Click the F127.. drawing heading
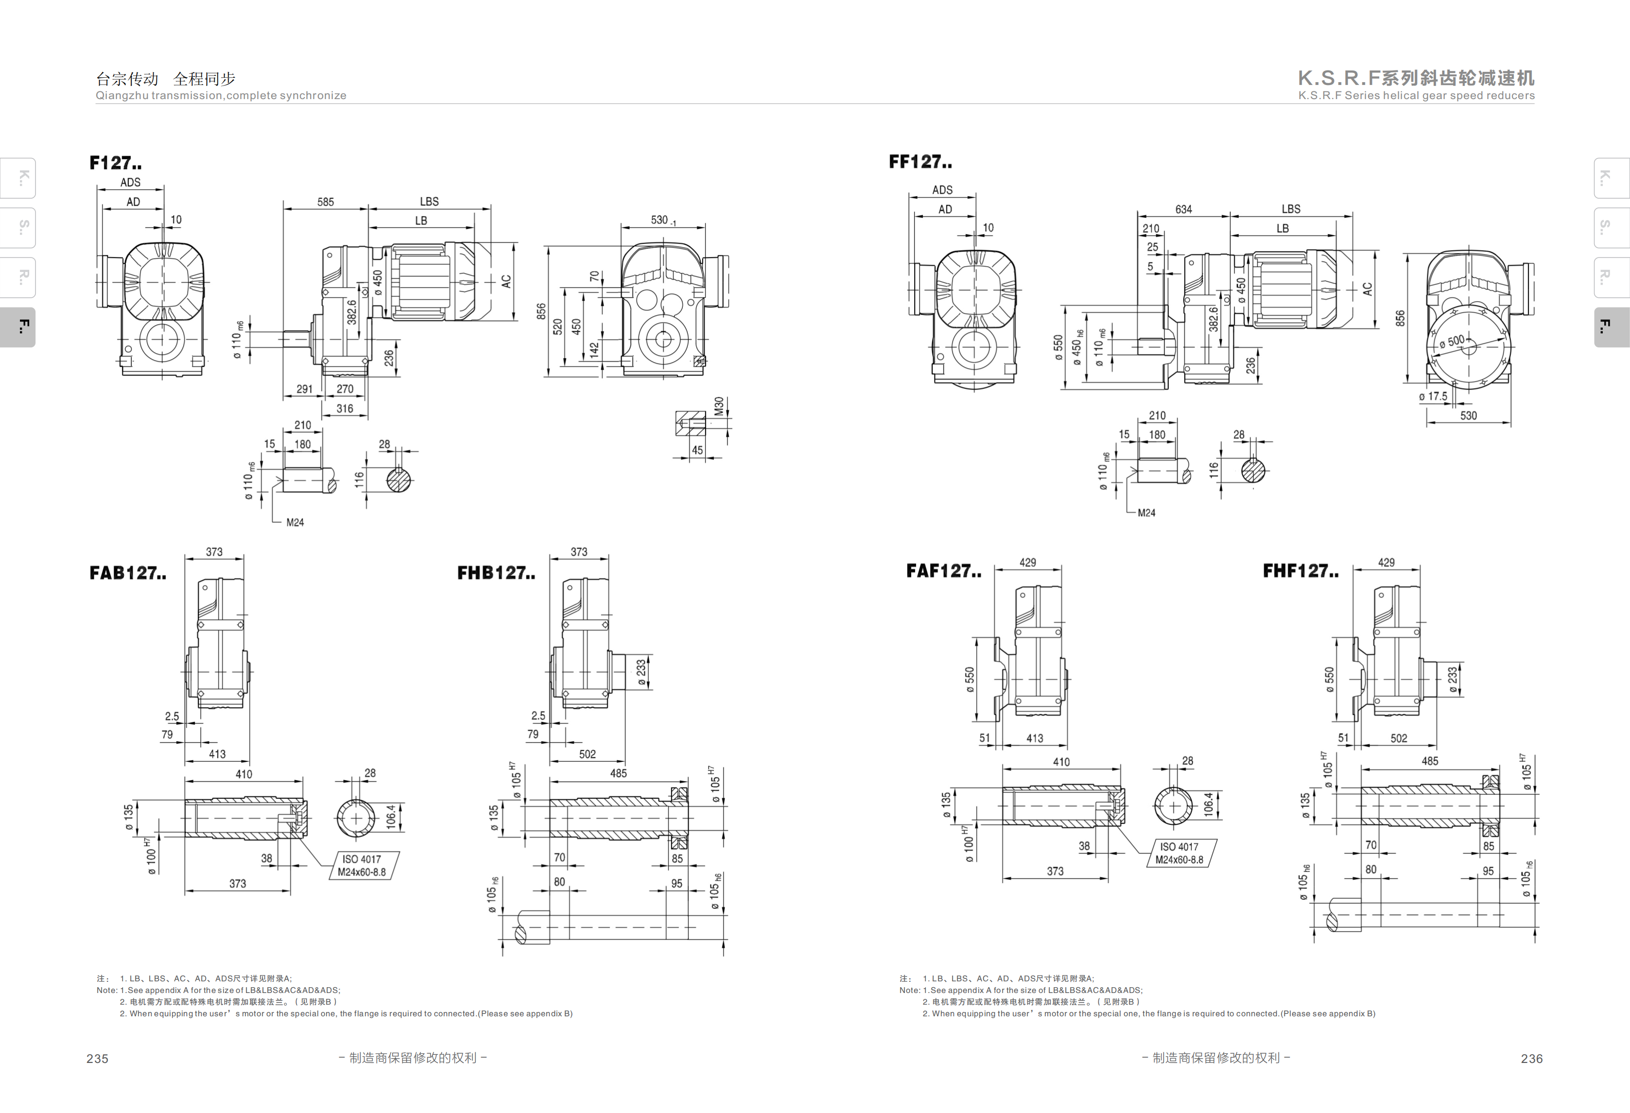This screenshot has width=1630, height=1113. [x=116, y=163]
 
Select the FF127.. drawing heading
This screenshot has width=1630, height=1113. [x=920, y=161]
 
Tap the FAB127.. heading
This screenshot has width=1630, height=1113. [x=128, y=573]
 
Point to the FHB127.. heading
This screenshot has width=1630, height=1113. [x=496, y=573]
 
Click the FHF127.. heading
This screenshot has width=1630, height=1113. [x=1301, y=571]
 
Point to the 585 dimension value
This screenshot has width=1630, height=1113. [x=326, y=202]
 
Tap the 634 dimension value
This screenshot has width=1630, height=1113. [x=1183, y=209]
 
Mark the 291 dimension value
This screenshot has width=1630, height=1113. [x=304, y=389]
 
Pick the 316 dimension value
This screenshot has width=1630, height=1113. [x=345, y=409]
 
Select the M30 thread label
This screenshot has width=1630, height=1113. [x=718, y=407]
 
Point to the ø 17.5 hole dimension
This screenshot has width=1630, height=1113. [x=1433, y=396]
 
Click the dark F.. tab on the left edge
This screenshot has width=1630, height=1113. [x=17, y=327]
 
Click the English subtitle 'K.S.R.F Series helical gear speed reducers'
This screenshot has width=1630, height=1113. [x=1416, y=95]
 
